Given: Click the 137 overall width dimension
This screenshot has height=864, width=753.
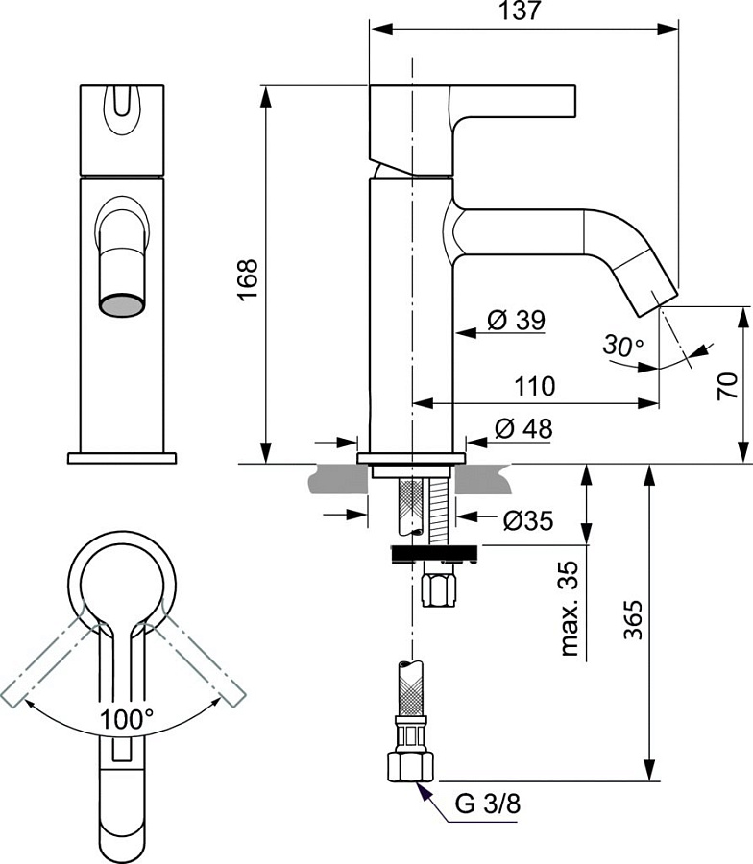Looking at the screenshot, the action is tap(520, 10).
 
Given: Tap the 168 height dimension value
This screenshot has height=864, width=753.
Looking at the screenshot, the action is tap(248, 278).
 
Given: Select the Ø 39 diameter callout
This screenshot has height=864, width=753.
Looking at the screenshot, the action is tap(517, 320).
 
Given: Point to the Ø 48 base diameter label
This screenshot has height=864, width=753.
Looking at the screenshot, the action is tap(523, 428).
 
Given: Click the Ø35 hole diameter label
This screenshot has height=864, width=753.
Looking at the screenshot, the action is tap(528, 520).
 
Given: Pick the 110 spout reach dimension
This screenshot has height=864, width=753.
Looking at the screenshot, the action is tap(535, 386).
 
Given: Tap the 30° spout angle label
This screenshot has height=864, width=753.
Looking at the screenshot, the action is tap(623, 345).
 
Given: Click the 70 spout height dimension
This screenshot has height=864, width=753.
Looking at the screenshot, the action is tap(727, 386).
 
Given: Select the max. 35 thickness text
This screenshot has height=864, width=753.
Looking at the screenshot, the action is tap(570, 609).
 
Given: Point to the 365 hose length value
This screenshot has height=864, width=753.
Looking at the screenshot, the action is tap(633, 619).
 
